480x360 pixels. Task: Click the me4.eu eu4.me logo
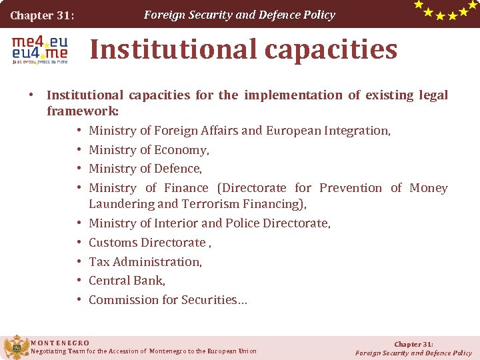point(39,49)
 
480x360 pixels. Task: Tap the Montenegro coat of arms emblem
point(16,347)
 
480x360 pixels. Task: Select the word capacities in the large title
point(338,49)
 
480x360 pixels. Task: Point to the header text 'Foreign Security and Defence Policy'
point(239,15)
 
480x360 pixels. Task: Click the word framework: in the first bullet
point(83,111)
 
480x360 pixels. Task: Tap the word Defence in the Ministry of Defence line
point(179,169)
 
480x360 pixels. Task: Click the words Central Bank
point(127,281)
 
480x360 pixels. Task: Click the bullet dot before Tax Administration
point(79,262)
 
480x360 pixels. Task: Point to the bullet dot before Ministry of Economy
point(79,150)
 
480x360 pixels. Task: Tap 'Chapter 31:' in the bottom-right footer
point(413,344)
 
